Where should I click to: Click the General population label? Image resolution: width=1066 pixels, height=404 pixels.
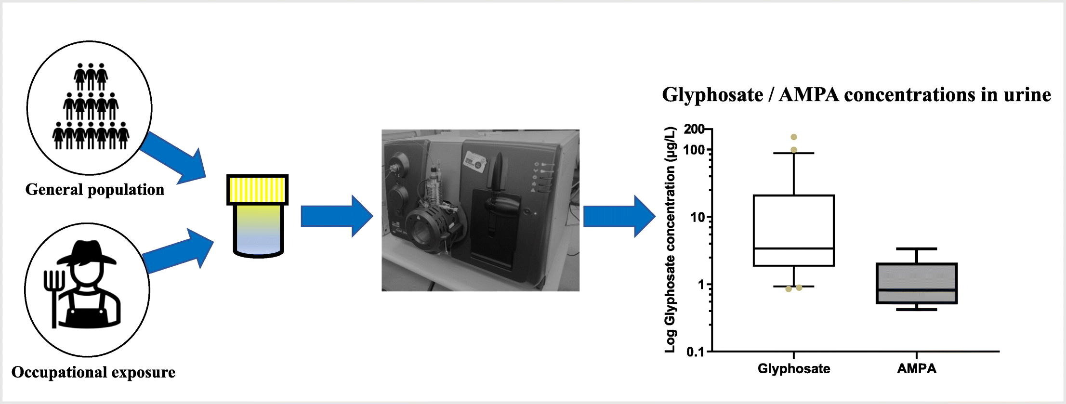coord(95,190)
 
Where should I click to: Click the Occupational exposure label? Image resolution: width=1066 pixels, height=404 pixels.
coord(93,372)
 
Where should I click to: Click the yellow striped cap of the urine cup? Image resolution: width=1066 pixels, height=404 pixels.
coord(258,190)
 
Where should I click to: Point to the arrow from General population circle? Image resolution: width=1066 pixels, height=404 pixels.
coord(175,158)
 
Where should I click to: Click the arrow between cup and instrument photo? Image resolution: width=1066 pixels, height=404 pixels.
coord(337,216)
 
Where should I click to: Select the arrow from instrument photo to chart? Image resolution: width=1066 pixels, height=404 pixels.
coord(620,216)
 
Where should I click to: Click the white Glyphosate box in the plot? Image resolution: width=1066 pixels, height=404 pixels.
coord(794,230)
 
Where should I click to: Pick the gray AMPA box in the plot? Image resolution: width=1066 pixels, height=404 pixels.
coord(916,283)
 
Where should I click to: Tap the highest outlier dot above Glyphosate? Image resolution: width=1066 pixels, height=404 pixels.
coord(794,137)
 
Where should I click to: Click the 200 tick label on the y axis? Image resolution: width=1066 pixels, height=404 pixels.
coord(694,130)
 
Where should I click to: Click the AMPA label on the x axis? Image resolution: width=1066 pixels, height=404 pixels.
coord(917,369)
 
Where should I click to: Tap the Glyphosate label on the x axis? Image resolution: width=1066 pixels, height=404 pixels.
coord(794,369)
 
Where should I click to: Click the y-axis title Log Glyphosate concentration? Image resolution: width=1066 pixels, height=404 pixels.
coord(671,239)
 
